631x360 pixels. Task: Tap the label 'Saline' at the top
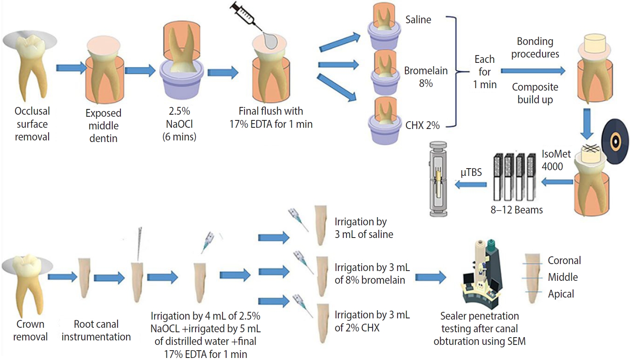418,20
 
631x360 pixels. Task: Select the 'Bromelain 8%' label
426,77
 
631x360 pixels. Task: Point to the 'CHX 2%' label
422,125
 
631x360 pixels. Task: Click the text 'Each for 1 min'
484,72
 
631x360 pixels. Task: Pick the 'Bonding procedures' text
535,47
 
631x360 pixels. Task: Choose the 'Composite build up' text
535,93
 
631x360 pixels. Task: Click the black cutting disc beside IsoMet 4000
615,141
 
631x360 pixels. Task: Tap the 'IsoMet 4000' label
555,160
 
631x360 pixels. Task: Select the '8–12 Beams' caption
516,210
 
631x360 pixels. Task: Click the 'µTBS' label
471,172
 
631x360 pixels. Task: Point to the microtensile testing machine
438,179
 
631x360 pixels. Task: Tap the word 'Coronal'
564,260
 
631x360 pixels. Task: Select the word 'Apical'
561,294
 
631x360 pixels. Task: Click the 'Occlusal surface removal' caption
32,124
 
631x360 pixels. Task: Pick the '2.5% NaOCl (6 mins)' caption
179,124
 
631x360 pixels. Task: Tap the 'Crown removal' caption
30,330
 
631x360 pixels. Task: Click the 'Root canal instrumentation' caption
96,330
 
